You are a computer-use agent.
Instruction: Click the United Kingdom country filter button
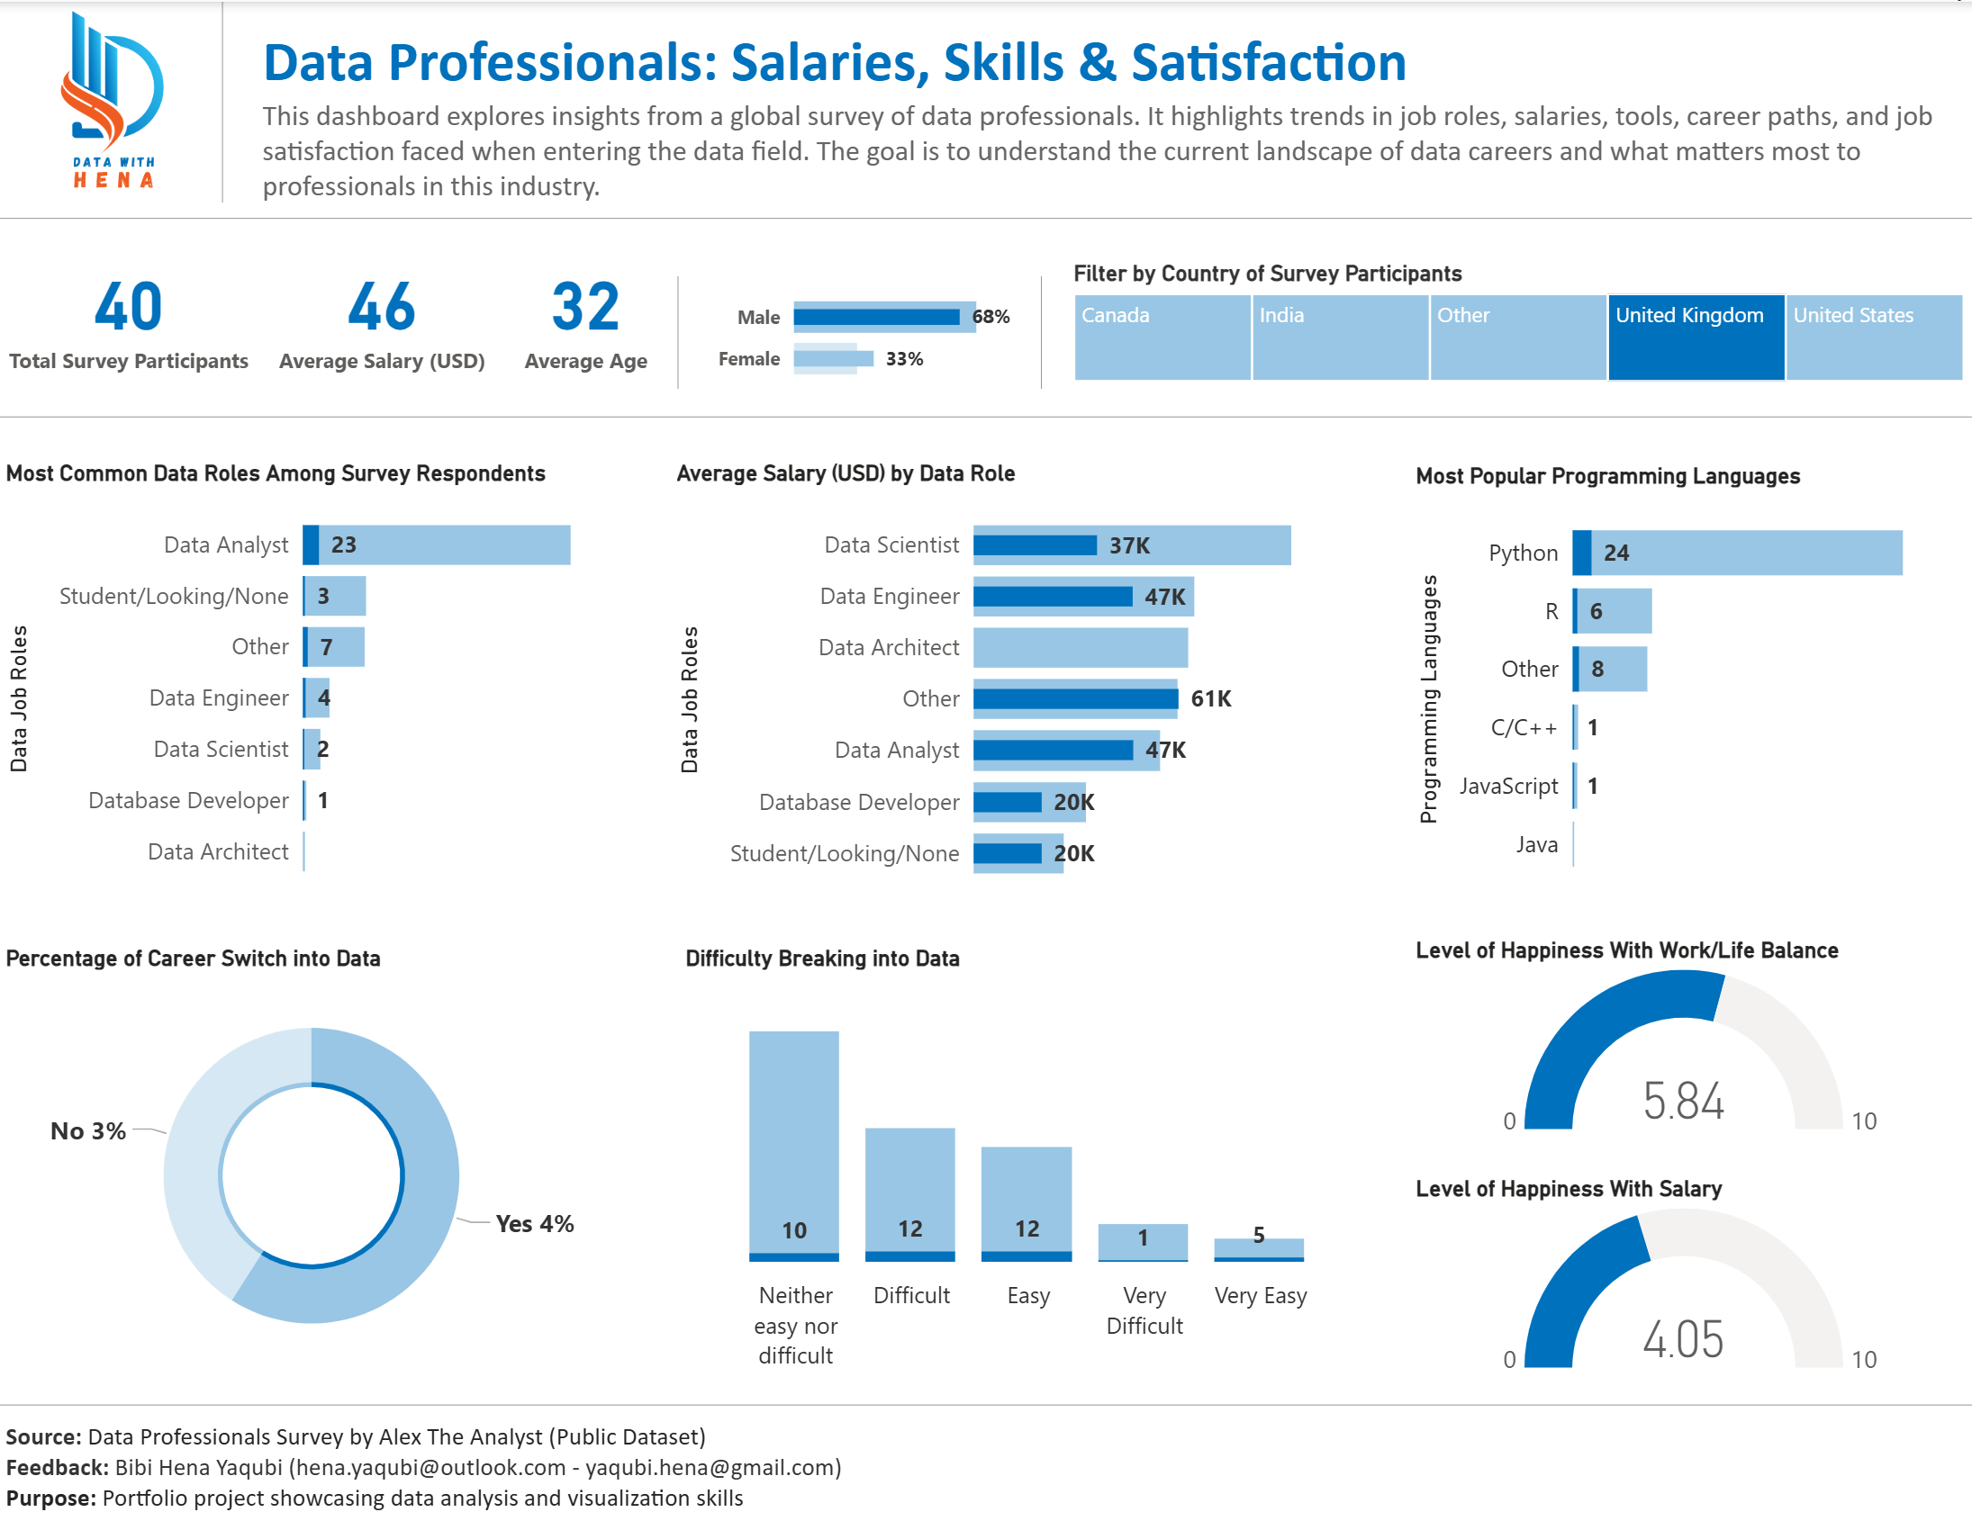(x=1695, y=337)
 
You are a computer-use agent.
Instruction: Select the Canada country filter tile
(x=1162, y=337)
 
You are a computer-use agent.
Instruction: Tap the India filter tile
(x=1339, y=337)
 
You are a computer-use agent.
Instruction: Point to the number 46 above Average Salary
(x=381, y=307)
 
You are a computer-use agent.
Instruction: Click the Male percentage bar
(x=883, y=317)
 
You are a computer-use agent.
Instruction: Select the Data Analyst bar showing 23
(x=437, y=544)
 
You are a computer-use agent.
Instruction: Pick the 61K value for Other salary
(x=1210, y=698)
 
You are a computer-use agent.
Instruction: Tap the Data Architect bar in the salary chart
(x=1080, y=647)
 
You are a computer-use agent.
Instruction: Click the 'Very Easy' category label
(x=1260, y=1295)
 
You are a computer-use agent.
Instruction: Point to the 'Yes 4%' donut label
(x=534, y=1224)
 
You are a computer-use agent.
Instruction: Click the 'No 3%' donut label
(x=87, y=1131)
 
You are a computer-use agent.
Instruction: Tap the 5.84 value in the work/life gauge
(x=1683, y=1102)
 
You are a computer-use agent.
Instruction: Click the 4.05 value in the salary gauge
(x=1683, y=1339)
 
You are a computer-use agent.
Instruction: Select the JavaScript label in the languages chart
(x=1508, y=787)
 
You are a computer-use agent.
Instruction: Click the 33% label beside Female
(x=904, y=359)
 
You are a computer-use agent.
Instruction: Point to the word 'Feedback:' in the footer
(x=57, y=1468)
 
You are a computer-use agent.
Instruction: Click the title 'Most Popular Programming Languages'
(x=1607, y=476)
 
